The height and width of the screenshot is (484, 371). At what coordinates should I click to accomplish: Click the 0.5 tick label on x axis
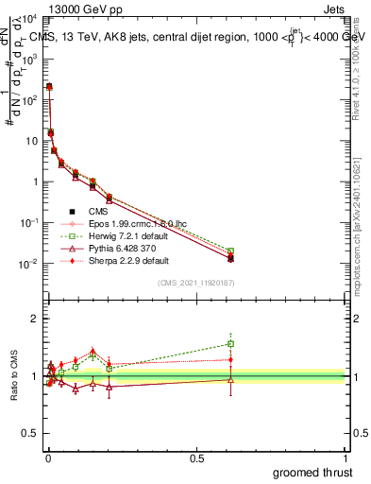[196, 458]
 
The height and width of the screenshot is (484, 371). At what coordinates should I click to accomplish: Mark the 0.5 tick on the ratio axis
[31, 435]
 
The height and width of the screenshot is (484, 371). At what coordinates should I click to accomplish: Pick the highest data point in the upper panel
[49, 86]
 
